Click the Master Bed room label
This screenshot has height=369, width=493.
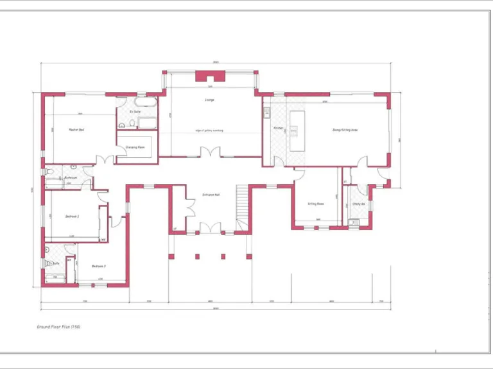click(76, 129)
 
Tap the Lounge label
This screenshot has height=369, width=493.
click(209, 100)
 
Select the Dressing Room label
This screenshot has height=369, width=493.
click(135, 147)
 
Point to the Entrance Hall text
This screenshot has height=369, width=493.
click(211, 194)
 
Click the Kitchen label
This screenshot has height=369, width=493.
click(278, 128)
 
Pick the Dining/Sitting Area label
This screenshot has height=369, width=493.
click(345, 130)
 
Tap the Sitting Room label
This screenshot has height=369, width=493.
click(315, 204)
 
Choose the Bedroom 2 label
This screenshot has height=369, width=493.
click(73, 217)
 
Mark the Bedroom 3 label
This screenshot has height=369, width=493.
click(98, 266)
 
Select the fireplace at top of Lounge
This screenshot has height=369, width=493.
click(210, 78)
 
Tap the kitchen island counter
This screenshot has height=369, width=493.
click(297, 131)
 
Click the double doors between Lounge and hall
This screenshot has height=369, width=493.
click(210, 153)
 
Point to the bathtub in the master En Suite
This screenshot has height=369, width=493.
click(146, 101)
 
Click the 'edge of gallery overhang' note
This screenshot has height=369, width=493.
click(209, 131)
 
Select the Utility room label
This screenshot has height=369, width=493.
click(358, 204)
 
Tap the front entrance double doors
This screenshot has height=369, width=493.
click(210, 228)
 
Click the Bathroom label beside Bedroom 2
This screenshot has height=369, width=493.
click(71, 177)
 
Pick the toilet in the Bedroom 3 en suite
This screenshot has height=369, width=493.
click(47, 263)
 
